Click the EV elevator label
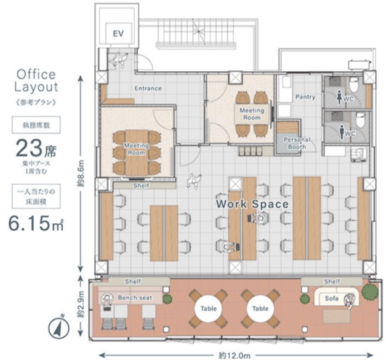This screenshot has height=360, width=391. coord(118,33)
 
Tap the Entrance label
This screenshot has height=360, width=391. coord(148,88)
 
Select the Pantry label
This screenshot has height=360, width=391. coord(305,97)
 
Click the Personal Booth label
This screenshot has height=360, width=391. coord(297,143)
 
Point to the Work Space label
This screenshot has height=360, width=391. coord(252,204)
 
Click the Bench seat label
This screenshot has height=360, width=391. coord(135,298)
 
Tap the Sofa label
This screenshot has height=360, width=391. coord(332,298)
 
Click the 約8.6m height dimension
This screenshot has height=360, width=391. coord(81,173)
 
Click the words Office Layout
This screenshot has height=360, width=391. coord(36,81)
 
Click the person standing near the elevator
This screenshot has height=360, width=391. coord(120,59)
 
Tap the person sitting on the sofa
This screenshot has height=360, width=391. coord(350,301)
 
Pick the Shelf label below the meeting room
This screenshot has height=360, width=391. coord(141,186)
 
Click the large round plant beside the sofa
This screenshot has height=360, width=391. coord(370,291)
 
